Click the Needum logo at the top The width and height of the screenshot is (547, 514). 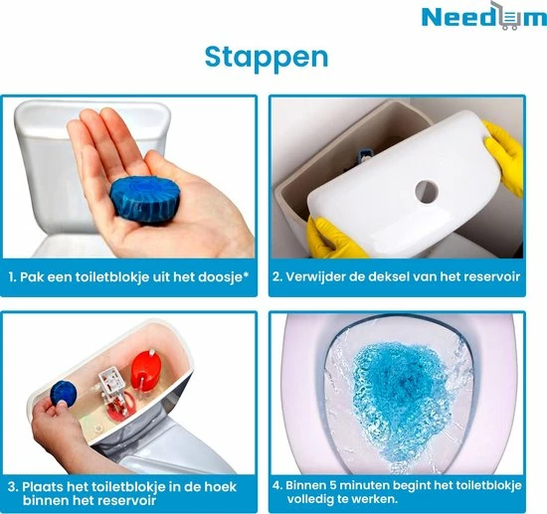(472, 19)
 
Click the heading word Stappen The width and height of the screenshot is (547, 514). (266, 57)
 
